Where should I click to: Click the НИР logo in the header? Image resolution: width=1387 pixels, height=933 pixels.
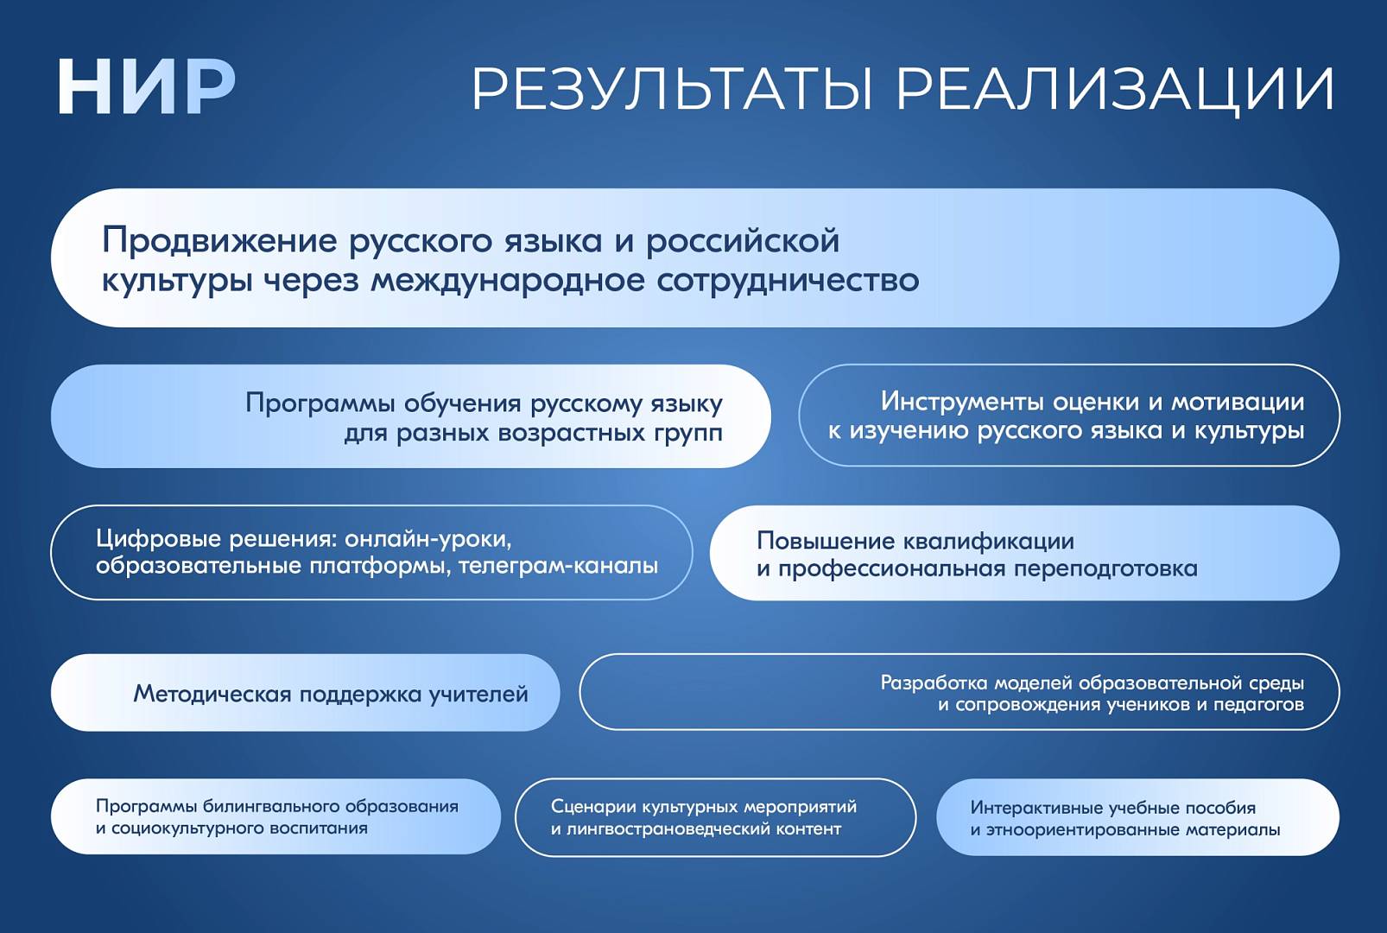tap(147, 86)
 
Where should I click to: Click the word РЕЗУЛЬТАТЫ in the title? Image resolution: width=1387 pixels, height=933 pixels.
tap(674, 89)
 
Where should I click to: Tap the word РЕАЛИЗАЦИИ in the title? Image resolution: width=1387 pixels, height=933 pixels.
tap(1115, 91)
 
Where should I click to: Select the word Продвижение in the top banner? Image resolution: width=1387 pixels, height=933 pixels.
tap(220, 241)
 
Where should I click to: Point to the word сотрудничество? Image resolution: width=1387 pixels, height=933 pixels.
tap(788, 282)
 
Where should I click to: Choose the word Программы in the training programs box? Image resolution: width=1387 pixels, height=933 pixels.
tap(320, 404)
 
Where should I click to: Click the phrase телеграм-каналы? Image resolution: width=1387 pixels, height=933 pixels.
tap(558, 566)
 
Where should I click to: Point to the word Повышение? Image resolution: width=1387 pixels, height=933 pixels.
tap(826, 542)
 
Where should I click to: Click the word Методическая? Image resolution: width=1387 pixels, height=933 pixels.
tap(212, 695)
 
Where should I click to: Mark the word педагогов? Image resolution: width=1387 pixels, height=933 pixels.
tap(1258, 705)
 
